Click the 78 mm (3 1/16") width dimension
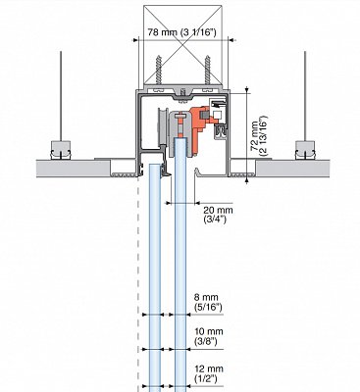(x=181, y=32)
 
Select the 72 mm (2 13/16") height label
(x=259, y=135)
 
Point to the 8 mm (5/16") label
(x=208, y=302)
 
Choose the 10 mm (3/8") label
(x=209, y=336)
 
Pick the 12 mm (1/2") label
(x=209, y=373)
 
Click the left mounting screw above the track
(x=159, y=70)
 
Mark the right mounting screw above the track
(x=207, y=70)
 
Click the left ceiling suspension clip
(x=61, y=150)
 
